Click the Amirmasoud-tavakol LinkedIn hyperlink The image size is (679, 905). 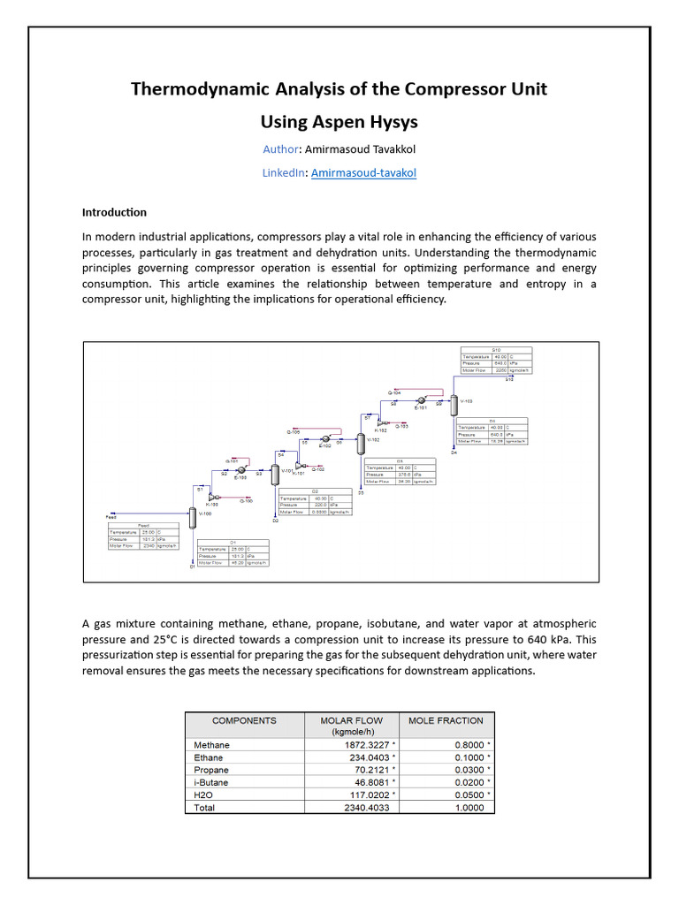click(x=363, y=173)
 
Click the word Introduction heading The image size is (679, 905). click(x=114, y=213)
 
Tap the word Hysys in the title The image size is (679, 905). click(x=384, y=120)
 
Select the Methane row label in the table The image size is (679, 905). click(x=211, y=745)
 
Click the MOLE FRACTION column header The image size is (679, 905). click(x=446, y=721)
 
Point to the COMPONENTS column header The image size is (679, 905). click(x=244, y=721)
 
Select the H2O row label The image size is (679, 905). click(x=203, y=795)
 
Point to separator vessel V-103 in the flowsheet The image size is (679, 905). click(x=453, y=406)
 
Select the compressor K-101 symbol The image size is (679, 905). click(x=298, y=465)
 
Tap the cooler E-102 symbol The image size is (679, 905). click(x=325, y=438)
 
